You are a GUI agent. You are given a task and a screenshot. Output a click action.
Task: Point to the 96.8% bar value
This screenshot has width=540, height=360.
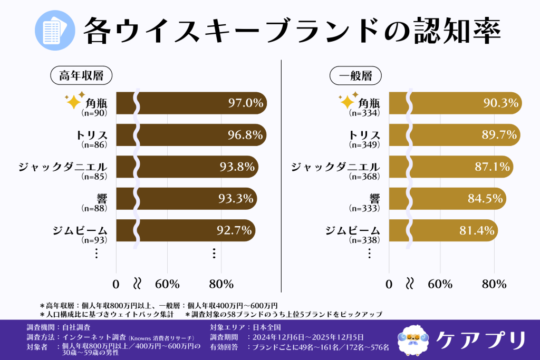tap(245, 135)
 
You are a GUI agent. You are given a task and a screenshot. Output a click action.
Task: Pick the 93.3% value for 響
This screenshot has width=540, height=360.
tap(237, 199)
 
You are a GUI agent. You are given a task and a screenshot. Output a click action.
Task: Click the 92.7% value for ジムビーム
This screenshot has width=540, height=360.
tap(235, 230)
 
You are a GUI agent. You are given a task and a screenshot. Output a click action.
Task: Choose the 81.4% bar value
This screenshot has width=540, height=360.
tap(477, 230)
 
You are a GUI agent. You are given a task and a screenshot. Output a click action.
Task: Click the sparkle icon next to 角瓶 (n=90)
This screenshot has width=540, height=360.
tap(73, 101)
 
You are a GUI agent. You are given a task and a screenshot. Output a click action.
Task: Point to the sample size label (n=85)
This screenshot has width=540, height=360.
tap(94, 177)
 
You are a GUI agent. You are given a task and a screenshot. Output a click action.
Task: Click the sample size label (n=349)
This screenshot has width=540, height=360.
tap(364, 144)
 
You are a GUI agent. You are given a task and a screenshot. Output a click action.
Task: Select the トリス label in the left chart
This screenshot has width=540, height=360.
tap(92, 135)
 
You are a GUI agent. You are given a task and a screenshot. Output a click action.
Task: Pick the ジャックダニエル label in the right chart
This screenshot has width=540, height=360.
tap(335, 167)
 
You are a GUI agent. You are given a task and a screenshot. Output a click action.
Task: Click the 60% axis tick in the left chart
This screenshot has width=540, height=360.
tap(168, 284)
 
